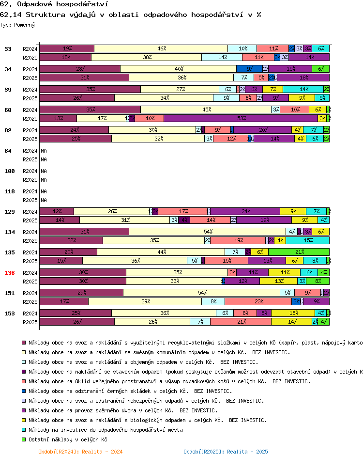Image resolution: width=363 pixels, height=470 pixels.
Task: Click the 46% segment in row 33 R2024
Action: pyautogui.click(x=161, y=48)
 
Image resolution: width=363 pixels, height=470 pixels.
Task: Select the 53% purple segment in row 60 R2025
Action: pyautogui.click(x=241, y=118)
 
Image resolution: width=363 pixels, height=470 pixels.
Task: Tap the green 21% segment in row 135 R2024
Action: pyautogui.click(x=299, y=252)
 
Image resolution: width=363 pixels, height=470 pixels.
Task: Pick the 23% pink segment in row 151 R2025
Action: pyautogui.click(x=258, y=301)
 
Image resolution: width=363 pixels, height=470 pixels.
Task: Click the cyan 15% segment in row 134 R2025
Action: pyautogui.click(x=307, y=240)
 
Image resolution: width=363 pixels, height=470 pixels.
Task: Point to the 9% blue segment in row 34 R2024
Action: pyautogui.click(x=249, y=69)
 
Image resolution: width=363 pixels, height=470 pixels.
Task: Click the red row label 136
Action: pyautogui.click(x=10, y=273)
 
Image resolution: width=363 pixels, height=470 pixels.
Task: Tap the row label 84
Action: pyautogui.click(x=8, y=151)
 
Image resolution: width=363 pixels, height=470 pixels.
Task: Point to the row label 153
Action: pyautogui.click(x=10, y=313)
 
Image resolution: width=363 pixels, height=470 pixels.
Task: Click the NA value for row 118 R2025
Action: pyautogui.click(x=44, y=200)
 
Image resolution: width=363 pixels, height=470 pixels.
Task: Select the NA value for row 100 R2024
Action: pyautogui.click(x=44, y=171)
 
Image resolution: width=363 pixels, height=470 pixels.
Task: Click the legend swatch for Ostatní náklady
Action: pyautogui.click(x=24, y=439)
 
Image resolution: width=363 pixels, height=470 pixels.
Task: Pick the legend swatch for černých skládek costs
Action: pyautogui.click(x=24, y=391)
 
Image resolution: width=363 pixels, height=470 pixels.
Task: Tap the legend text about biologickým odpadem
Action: pyautogui.click(x=148, y=420)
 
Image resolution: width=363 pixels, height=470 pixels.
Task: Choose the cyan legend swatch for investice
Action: pyautogui.click(x=24, y=430)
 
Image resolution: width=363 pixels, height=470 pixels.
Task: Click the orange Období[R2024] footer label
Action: pyautogui.click(x=80, y=452)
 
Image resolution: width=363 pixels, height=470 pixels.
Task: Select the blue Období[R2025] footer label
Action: pyautogui.click(x=226, y=452)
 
